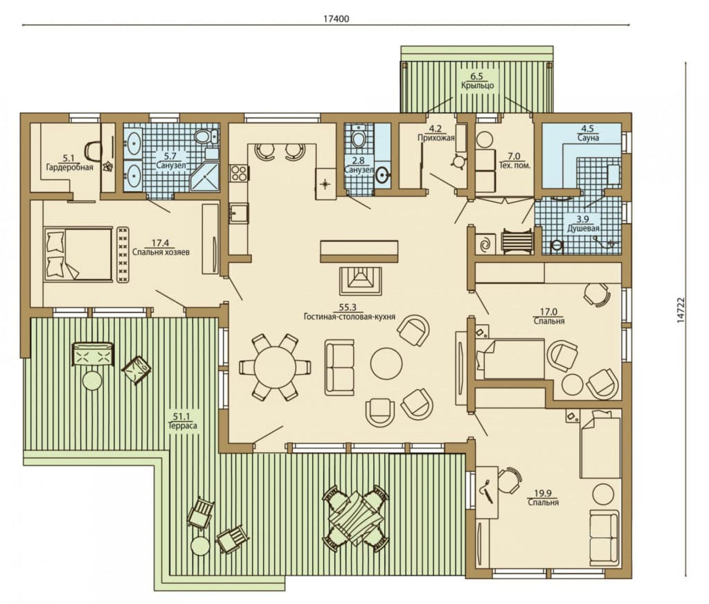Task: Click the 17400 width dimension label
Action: (336, 19)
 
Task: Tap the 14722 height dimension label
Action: (681, 310)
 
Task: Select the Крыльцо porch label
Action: (478, 85)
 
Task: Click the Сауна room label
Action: (589, 138)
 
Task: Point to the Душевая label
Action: (583, 228)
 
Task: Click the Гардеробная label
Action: (70, 167)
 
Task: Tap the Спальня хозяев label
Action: (161, 251)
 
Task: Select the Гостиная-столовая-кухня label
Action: (350, 317)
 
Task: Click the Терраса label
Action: (182, 425)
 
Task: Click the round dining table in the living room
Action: (274, 367)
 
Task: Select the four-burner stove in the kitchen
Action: (239, 173)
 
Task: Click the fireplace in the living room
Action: (361, 281)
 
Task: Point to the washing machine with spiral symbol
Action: (485, 245)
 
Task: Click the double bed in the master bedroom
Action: (78, 255)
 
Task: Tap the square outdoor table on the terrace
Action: (355, 518)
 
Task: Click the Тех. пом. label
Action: (514, 165)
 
